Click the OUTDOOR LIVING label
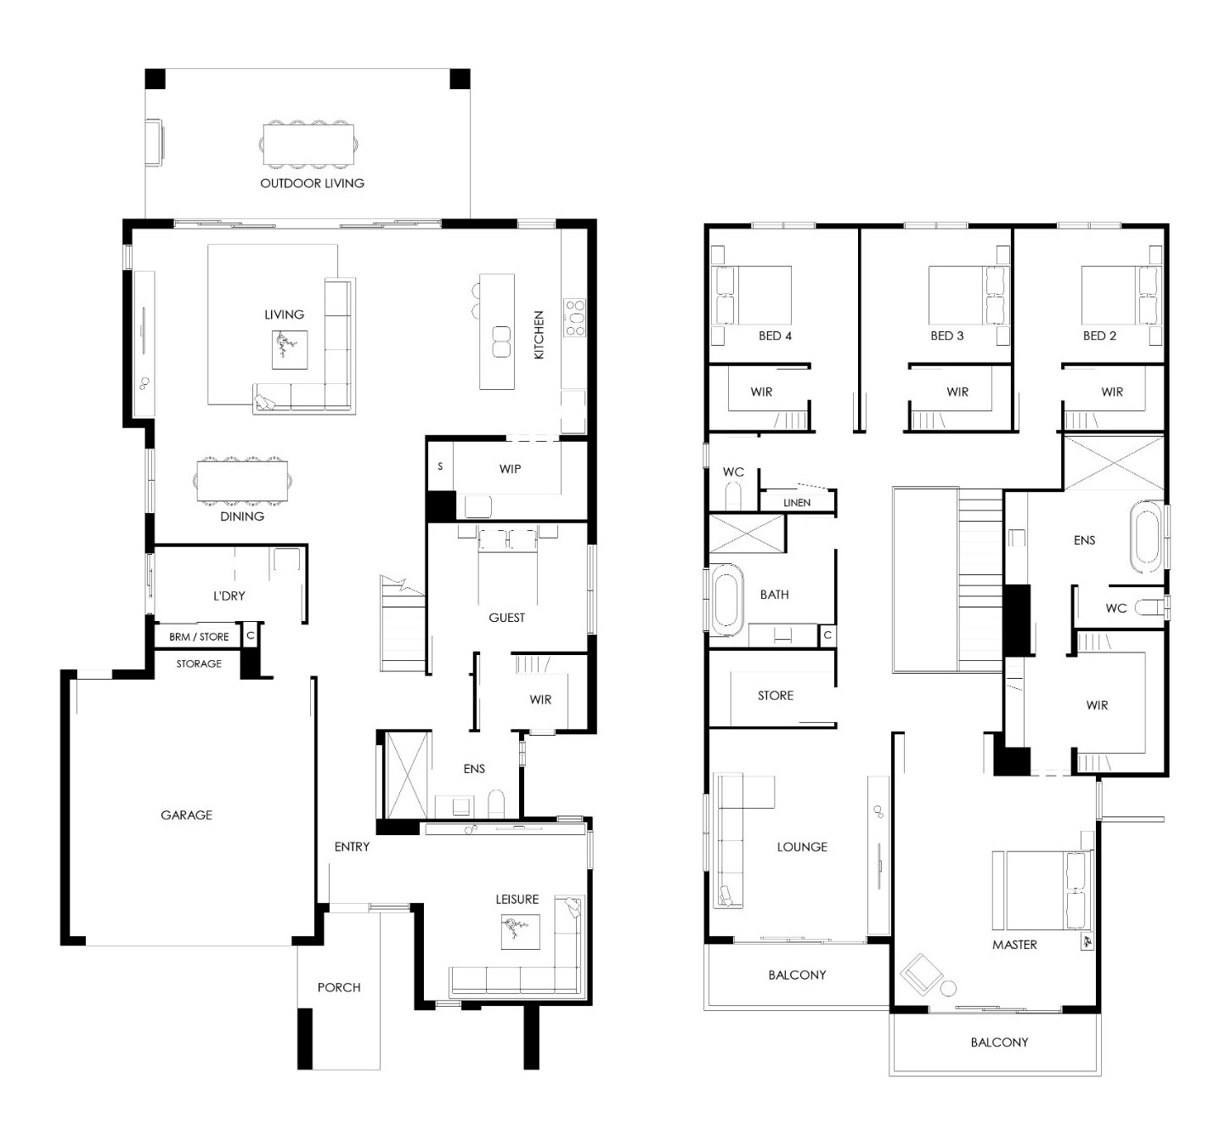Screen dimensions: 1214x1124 [312, 183]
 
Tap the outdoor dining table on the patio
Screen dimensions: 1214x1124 [308, 144]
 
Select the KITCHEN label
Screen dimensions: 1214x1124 [539, 335]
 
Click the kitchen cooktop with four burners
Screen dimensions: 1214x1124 [574, 318]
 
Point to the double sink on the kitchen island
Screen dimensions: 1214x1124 [501, 342]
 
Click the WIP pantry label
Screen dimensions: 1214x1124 [510, 468]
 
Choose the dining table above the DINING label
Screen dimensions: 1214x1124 [242, 481]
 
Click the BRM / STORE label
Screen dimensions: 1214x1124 [199, 636]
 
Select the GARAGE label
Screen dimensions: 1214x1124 [186, 815]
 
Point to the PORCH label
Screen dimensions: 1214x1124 [339, 987]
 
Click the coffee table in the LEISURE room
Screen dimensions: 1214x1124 [520, 932]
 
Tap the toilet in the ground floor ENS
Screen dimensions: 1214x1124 [496, 804]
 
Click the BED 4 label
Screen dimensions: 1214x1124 [775, 335]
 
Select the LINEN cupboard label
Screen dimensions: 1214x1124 [797, 502]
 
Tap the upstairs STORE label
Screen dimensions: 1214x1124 [776, 695]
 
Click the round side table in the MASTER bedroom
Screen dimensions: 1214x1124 [948, 987]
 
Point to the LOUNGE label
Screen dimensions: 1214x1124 [802, 846]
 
